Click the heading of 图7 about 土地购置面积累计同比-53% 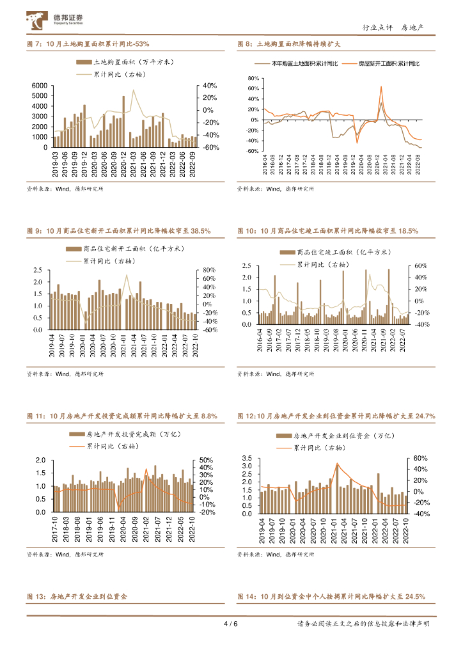(x=88, y=44)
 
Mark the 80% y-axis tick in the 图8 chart (x=253, y=79)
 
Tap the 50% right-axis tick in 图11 (x=206, y=461)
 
